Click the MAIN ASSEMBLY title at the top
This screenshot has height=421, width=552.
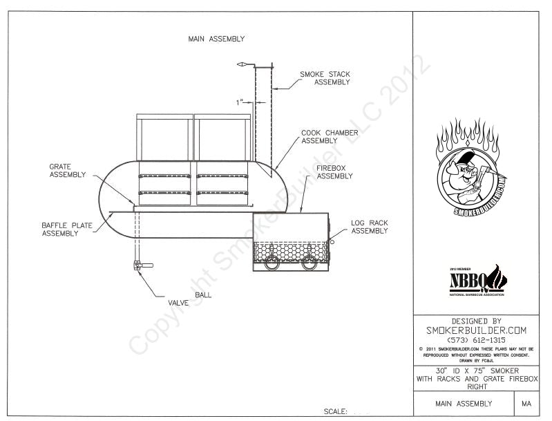point(216,39)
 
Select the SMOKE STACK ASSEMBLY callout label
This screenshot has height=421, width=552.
point(324,78)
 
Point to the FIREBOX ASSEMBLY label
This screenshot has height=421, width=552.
point(334,172)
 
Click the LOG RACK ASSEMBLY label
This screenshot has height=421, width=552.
point(369,227)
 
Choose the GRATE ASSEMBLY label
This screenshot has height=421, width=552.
point(68,170)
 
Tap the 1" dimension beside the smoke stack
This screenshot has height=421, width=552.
point(240,102)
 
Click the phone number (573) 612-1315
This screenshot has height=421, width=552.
point(476,340)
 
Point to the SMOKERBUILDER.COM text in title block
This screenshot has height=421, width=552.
point(476,330)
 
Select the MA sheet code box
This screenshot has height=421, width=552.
point(526,404)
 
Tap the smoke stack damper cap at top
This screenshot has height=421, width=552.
point(242,64)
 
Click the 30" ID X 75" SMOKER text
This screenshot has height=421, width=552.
point(476,371)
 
